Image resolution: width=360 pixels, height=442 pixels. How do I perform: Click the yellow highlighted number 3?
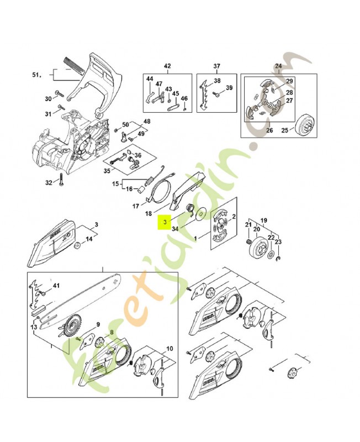coord(164,223)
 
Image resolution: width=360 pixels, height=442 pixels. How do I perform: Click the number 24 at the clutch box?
coord(278,66)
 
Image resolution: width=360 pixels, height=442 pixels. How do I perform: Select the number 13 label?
coord(34,328)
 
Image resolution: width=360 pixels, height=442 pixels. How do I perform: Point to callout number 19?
coord(263,219)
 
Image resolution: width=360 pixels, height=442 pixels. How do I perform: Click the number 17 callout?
coord(136,206)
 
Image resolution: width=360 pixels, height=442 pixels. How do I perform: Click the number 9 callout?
coord(98,324)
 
